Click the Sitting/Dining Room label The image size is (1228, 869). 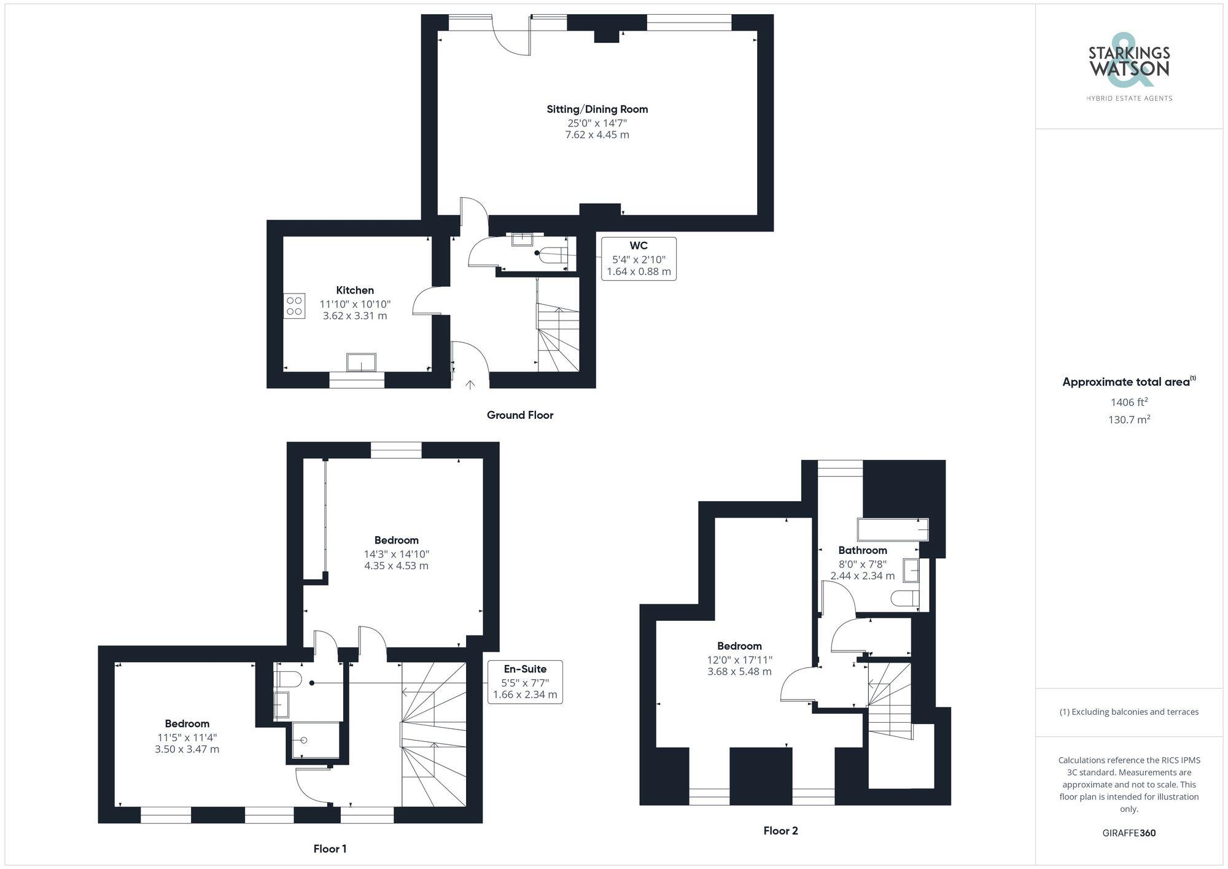pos(597,109)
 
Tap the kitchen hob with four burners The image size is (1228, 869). pos(294,306)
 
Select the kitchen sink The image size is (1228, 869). pos(361,362)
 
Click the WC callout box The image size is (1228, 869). pos(639,259)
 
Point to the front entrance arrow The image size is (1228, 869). pos(470,385)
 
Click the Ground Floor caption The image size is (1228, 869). pos(520,415)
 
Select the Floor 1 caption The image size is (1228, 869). pos(330,849)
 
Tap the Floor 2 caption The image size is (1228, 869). pos(780,831)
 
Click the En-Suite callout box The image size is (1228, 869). pos(525,682)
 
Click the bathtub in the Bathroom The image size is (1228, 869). pos(892,529)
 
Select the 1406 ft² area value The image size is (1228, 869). pos(1129,402)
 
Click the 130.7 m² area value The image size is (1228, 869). pos(1129,420)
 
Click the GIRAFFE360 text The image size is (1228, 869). pos(1129,833)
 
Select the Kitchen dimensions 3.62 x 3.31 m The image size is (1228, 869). pos(355,316)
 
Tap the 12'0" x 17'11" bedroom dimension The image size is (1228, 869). pos(739,660)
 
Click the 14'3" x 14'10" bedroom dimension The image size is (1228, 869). pos(396,554)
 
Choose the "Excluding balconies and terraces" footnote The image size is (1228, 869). pos(1129,712)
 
